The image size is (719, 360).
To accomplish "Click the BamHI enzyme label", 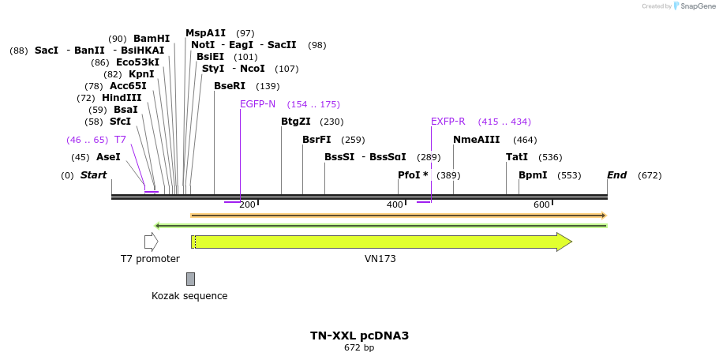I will coord(152,39).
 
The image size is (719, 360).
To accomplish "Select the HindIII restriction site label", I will coord(122,98).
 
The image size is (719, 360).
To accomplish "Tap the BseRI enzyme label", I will coord(230,86).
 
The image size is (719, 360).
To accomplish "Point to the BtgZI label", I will coord(296,122).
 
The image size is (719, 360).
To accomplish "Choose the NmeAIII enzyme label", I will coord(477,140).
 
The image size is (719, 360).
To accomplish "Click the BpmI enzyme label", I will coord(533,175).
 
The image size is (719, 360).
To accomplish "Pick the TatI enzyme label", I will coord(517,157).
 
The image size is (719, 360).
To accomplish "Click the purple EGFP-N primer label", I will coord(258,104).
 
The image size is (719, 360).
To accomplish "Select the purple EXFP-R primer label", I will coord(448,122).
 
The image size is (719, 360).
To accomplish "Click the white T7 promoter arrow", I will coord(151,242).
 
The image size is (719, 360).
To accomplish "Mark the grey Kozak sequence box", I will coord(190,279).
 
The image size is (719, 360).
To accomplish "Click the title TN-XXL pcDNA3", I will coord(359,336).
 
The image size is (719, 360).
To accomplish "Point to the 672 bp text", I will coord(359,348).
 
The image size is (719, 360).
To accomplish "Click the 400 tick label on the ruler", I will coord(395,205).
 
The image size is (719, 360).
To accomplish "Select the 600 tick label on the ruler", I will coord(541,205).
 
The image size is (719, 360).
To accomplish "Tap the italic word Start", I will coord(93,175).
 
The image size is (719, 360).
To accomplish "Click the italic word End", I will coord(617,175).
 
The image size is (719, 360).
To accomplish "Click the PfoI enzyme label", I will coord(413,175).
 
